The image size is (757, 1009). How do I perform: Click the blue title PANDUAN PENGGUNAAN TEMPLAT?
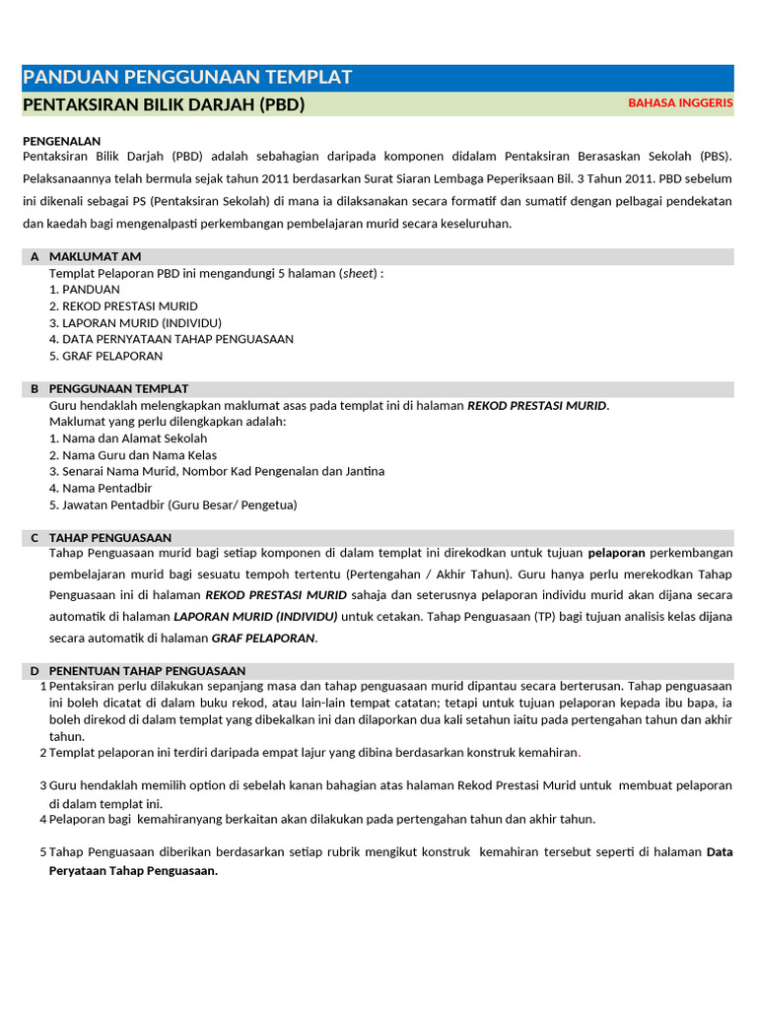(187, 78)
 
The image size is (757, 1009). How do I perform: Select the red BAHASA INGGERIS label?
(680, 103)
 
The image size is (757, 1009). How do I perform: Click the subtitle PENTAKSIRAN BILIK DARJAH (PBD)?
(164, 104)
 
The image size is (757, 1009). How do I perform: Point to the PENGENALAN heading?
(61, 141)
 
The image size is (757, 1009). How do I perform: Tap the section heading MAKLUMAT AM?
(96, 256)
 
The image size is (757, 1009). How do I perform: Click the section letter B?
(34, 389)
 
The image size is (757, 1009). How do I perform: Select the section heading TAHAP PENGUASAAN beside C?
(110, 538)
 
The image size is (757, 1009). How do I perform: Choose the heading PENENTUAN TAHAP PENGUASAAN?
(147, 671)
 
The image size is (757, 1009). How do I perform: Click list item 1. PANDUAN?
(85, 290)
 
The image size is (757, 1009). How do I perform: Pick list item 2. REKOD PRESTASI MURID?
(123, 306)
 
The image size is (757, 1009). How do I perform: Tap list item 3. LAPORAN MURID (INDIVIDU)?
(135, 322)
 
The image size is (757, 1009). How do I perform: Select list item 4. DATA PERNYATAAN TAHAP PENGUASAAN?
(171, 339)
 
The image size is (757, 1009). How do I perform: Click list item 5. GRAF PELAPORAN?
(105, 356)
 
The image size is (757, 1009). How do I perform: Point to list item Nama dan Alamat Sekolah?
(128, 438)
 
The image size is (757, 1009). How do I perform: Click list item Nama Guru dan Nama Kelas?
(133, 455)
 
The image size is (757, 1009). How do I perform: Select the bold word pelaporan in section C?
(616, 553)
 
